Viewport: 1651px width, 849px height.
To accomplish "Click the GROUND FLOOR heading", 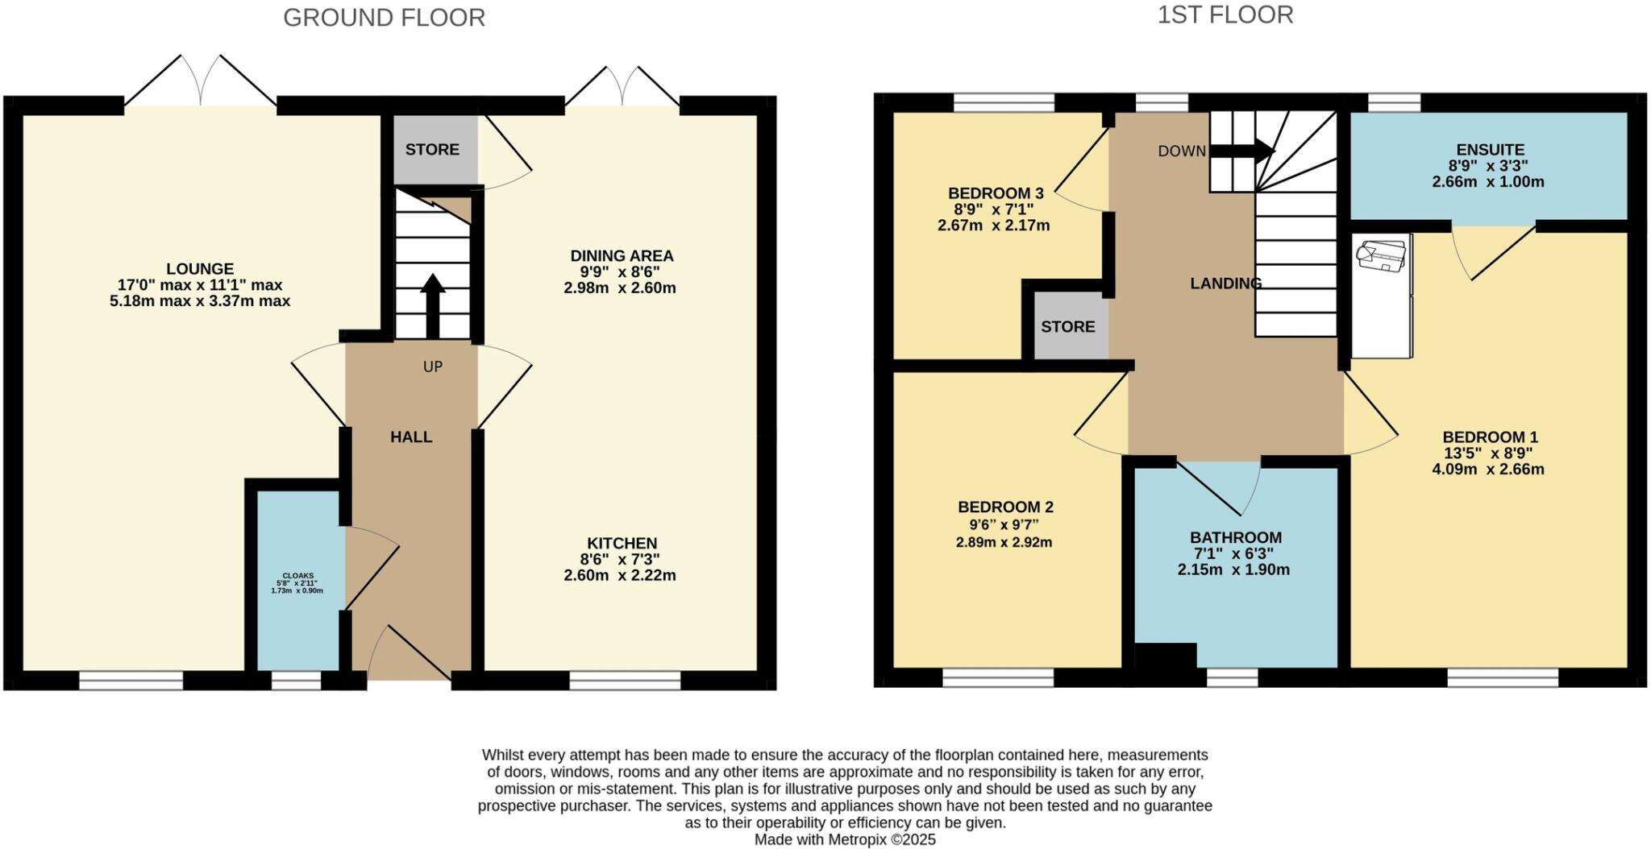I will coord(384,18).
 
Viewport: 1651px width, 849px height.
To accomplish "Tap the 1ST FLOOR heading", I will coord(1225,15).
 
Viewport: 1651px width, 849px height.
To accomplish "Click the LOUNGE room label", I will coord(200,269).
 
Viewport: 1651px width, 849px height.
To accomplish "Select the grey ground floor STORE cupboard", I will coord(434,150).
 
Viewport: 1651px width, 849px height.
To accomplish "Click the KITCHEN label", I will coord(622,544).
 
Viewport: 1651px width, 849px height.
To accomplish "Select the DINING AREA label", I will coord(622,256).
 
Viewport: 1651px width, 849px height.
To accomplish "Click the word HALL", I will coord(411,437).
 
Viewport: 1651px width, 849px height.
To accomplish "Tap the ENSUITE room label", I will coord(1490,150).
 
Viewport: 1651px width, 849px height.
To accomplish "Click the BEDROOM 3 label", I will coord(996,193).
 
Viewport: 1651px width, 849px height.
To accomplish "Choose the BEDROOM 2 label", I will coord(1005,507).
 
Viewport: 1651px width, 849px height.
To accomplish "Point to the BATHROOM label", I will coord(1235,538).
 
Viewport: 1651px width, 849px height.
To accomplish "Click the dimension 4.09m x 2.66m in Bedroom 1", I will coord(1488,470).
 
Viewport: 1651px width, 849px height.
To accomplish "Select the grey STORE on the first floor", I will coord(1067,327).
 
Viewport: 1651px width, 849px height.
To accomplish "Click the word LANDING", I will coord(1225,284).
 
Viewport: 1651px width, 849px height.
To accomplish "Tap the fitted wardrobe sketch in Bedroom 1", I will coord(1381,296).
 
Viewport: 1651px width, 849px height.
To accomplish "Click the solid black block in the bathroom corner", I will coord(1165,656).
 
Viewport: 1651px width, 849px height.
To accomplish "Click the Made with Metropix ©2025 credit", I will coord(844,839).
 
